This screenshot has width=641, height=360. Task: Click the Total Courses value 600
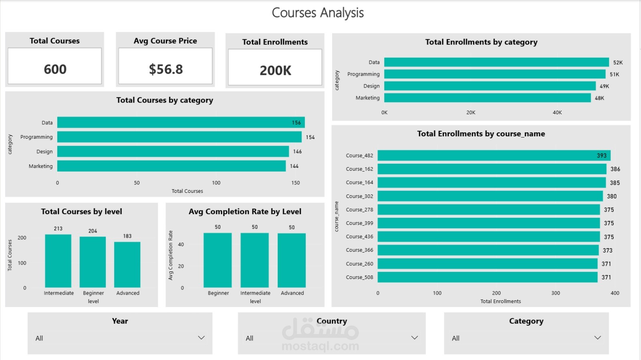[x=55, y=69]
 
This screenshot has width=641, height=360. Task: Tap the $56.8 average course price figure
[x=166, y=69]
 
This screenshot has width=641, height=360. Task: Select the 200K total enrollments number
[x=275, y=71]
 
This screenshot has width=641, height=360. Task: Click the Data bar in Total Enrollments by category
[x=496, y=62]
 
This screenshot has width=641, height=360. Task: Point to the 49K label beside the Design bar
[x=605, y=86]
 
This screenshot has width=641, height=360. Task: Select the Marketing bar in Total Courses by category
[x=171, y=166]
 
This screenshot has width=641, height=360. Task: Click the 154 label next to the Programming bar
[x=310, y=137]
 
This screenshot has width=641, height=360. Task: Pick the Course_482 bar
[x=494, y=156]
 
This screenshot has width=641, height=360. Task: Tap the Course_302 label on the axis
[x=359, y=196]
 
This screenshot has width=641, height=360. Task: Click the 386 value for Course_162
[x=615, y=169]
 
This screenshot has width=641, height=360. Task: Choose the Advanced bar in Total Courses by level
[x=127, y=265]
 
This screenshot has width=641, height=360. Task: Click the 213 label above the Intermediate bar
[x=58, y=229]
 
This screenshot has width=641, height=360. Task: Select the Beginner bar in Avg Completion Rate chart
[x=218, y=260]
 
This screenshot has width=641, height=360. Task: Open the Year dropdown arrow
[x=202, y=338]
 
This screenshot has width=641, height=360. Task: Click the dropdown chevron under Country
[x=414, y=338]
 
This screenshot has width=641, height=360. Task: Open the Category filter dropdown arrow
[x=597, y=338]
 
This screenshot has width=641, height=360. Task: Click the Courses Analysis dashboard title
[x=318, y=13]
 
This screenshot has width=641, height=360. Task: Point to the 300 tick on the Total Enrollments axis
[x=556, y=293]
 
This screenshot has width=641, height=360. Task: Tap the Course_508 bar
[x=487, y=277]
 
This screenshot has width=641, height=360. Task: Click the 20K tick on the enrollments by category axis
[x=471, y=113]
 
